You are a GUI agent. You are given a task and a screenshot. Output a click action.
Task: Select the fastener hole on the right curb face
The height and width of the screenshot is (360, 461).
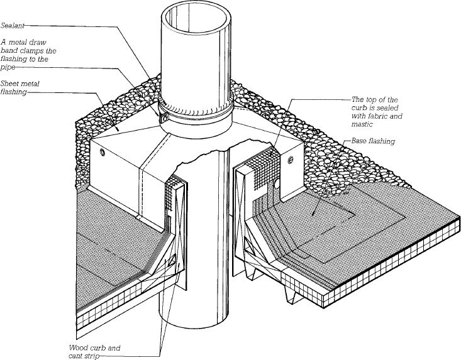[289, 161]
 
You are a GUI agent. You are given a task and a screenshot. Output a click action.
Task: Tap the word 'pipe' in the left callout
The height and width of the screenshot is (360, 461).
[8, 67]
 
